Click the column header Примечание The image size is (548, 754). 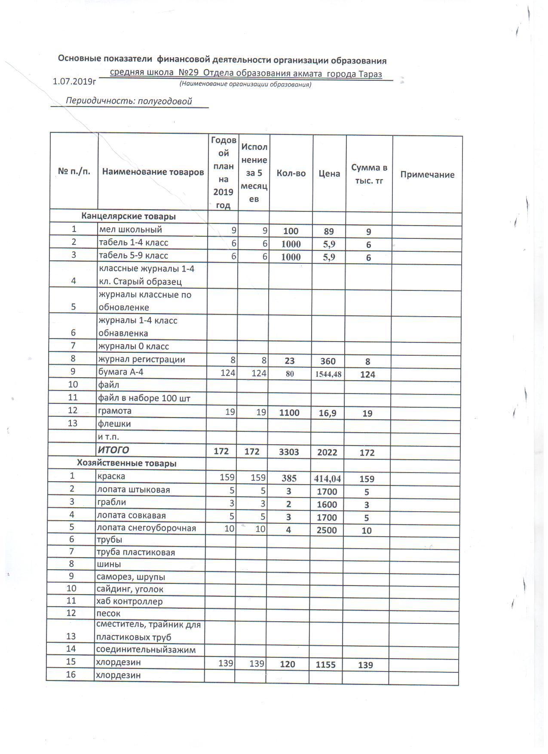click(427, 174)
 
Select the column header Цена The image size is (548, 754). click(329, 174)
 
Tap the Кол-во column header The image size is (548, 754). click(291, 173)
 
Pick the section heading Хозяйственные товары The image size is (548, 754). click(126, 463)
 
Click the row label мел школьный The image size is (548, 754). click(130, 229)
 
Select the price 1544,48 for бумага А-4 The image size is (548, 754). click(328, 374)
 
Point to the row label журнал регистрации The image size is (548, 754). click(141, 359)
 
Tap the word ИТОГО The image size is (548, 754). click(113, 450)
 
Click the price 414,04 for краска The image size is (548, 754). click(328, 478)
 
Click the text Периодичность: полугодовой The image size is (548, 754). click(128, 101)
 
